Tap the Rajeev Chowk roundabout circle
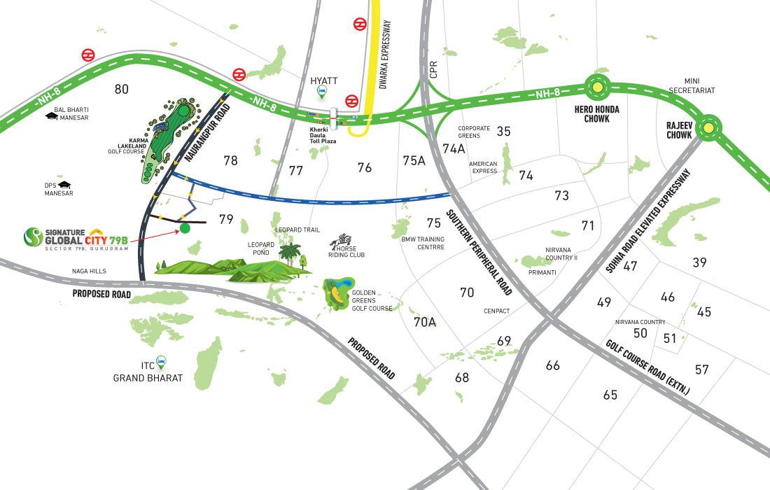point(709,127)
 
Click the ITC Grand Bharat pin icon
point(162,362)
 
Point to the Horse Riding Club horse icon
point(344,240)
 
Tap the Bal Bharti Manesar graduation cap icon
point(50,115)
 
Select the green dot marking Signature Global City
point(185,228)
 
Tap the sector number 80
point(122,89)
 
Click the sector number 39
point(699,262)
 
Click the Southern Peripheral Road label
point(479,251)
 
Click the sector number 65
point(610,395)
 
